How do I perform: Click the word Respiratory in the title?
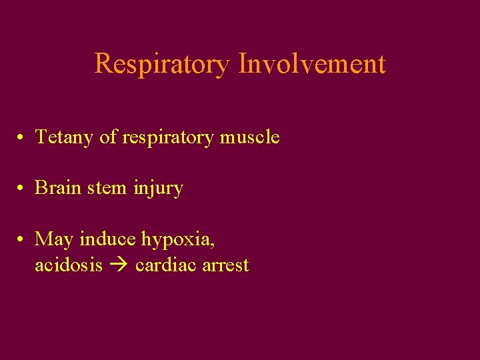point(163,64)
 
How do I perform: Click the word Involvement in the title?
point(312,64)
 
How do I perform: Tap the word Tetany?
point(64,137)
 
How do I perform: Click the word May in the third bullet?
point(55,239)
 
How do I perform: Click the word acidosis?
point(69,265)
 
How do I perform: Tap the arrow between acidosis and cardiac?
point(119,265)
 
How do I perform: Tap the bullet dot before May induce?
point(22,239)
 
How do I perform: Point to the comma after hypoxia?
point(213,244)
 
